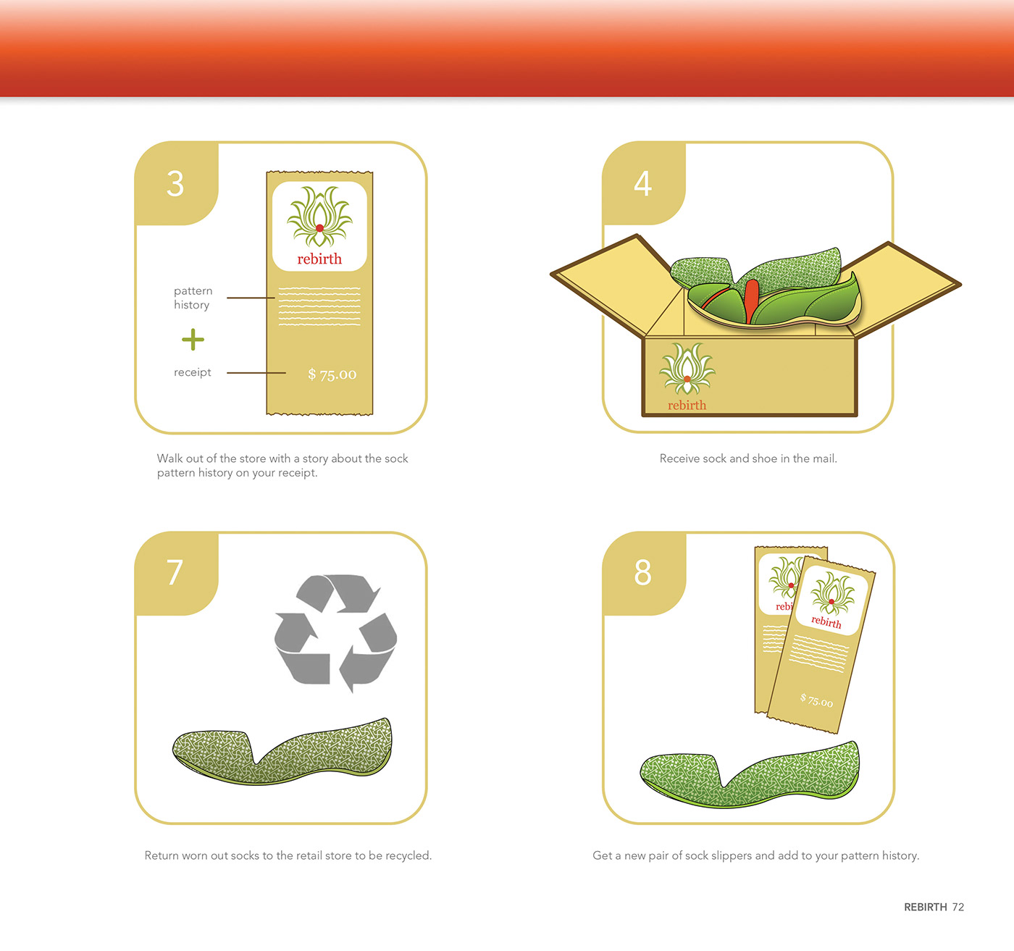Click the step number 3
coord(175,184)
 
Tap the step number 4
coord(643,184)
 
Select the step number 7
coord(175,572)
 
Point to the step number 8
coord(643,572)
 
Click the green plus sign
coord(193,340)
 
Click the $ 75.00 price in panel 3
coord(332,374)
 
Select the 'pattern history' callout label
coord(193,298)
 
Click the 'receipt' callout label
coord(193,372)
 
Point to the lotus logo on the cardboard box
coord(687,369)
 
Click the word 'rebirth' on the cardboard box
coord(687,405)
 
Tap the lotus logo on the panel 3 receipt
coord(319,217)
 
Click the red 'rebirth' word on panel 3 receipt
coord(319,259)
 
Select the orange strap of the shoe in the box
coord(751,301)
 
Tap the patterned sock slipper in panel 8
coord(750,775)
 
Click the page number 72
coord(958,907)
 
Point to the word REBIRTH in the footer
coord(926,907)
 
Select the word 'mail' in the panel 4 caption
coord(824,458)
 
